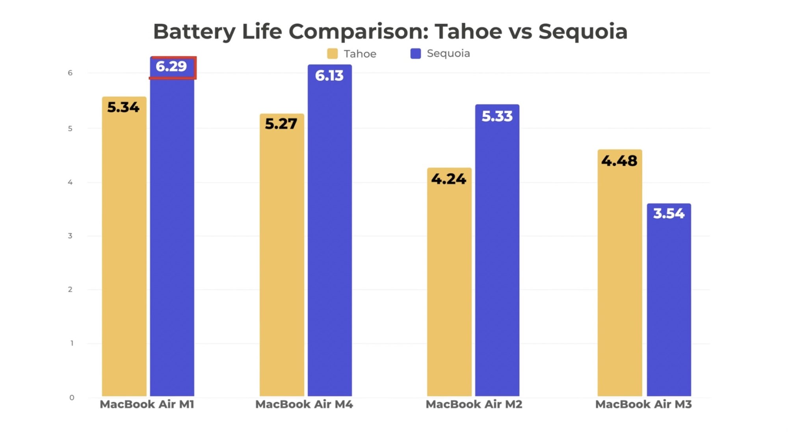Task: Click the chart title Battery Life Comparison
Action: pos(390,32)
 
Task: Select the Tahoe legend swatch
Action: pos(332,54)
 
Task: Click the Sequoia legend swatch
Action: pos(415,54)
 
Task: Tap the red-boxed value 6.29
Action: pos(171,67)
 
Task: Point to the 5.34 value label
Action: pos(123,107)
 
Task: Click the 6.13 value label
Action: pos(329,76)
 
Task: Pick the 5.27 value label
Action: pos(281,124)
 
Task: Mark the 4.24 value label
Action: pos(449,179)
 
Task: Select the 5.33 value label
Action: pos(497,117)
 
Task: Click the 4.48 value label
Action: pos(619,161)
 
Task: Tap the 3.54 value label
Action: pos(669,214)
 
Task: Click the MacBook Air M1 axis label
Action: pos(147,404)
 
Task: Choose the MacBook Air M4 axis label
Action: pos(304,404)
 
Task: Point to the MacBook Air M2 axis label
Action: pos(474,404)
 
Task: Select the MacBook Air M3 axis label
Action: pos(643,404)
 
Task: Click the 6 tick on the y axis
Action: pos(70,73)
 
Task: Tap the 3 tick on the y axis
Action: pos(70,236)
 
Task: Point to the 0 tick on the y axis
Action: pos(72,398)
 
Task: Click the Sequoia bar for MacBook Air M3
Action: pos(669,307)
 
